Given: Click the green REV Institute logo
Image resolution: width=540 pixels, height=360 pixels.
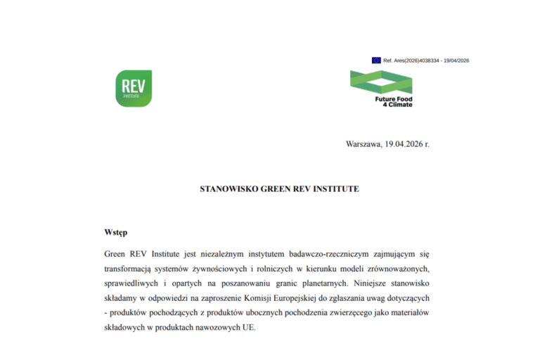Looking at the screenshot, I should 134,89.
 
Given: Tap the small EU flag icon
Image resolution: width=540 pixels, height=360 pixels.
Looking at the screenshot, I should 376,60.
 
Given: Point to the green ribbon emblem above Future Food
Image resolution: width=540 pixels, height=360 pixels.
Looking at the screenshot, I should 381,82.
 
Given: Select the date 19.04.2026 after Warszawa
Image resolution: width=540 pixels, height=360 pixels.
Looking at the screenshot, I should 403,144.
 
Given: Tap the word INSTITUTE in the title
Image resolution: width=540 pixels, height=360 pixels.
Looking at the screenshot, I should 334,189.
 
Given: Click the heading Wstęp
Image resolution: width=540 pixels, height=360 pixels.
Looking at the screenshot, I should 116,231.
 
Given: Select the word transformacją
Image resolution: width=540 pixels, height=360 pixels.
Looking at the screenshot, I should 128,269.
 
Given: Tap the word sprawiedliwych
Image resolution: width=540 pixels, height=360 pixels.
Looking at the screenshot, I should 131,286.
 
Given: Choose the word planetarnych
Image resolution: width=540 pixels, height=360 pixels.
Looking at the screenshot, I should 319,286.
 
